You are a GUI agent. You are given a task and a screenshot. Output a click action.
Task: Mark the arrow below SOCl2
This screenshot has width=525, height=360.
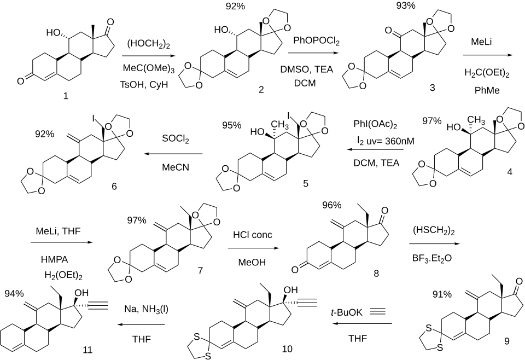click(174, 155)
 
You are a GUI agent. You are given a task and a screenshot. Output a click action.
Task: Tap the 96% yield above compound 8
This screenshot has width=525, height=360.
click(331, 205)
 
